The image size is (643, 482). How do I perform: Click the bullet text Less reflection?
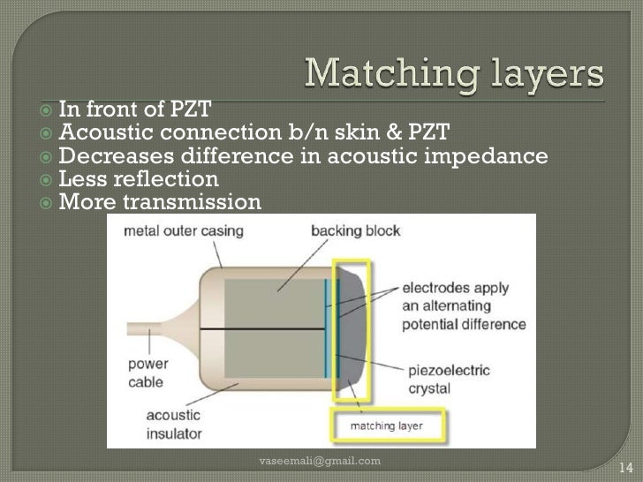point(138,180)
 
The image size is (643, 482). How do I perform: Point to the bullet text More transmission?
point(160,203)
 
